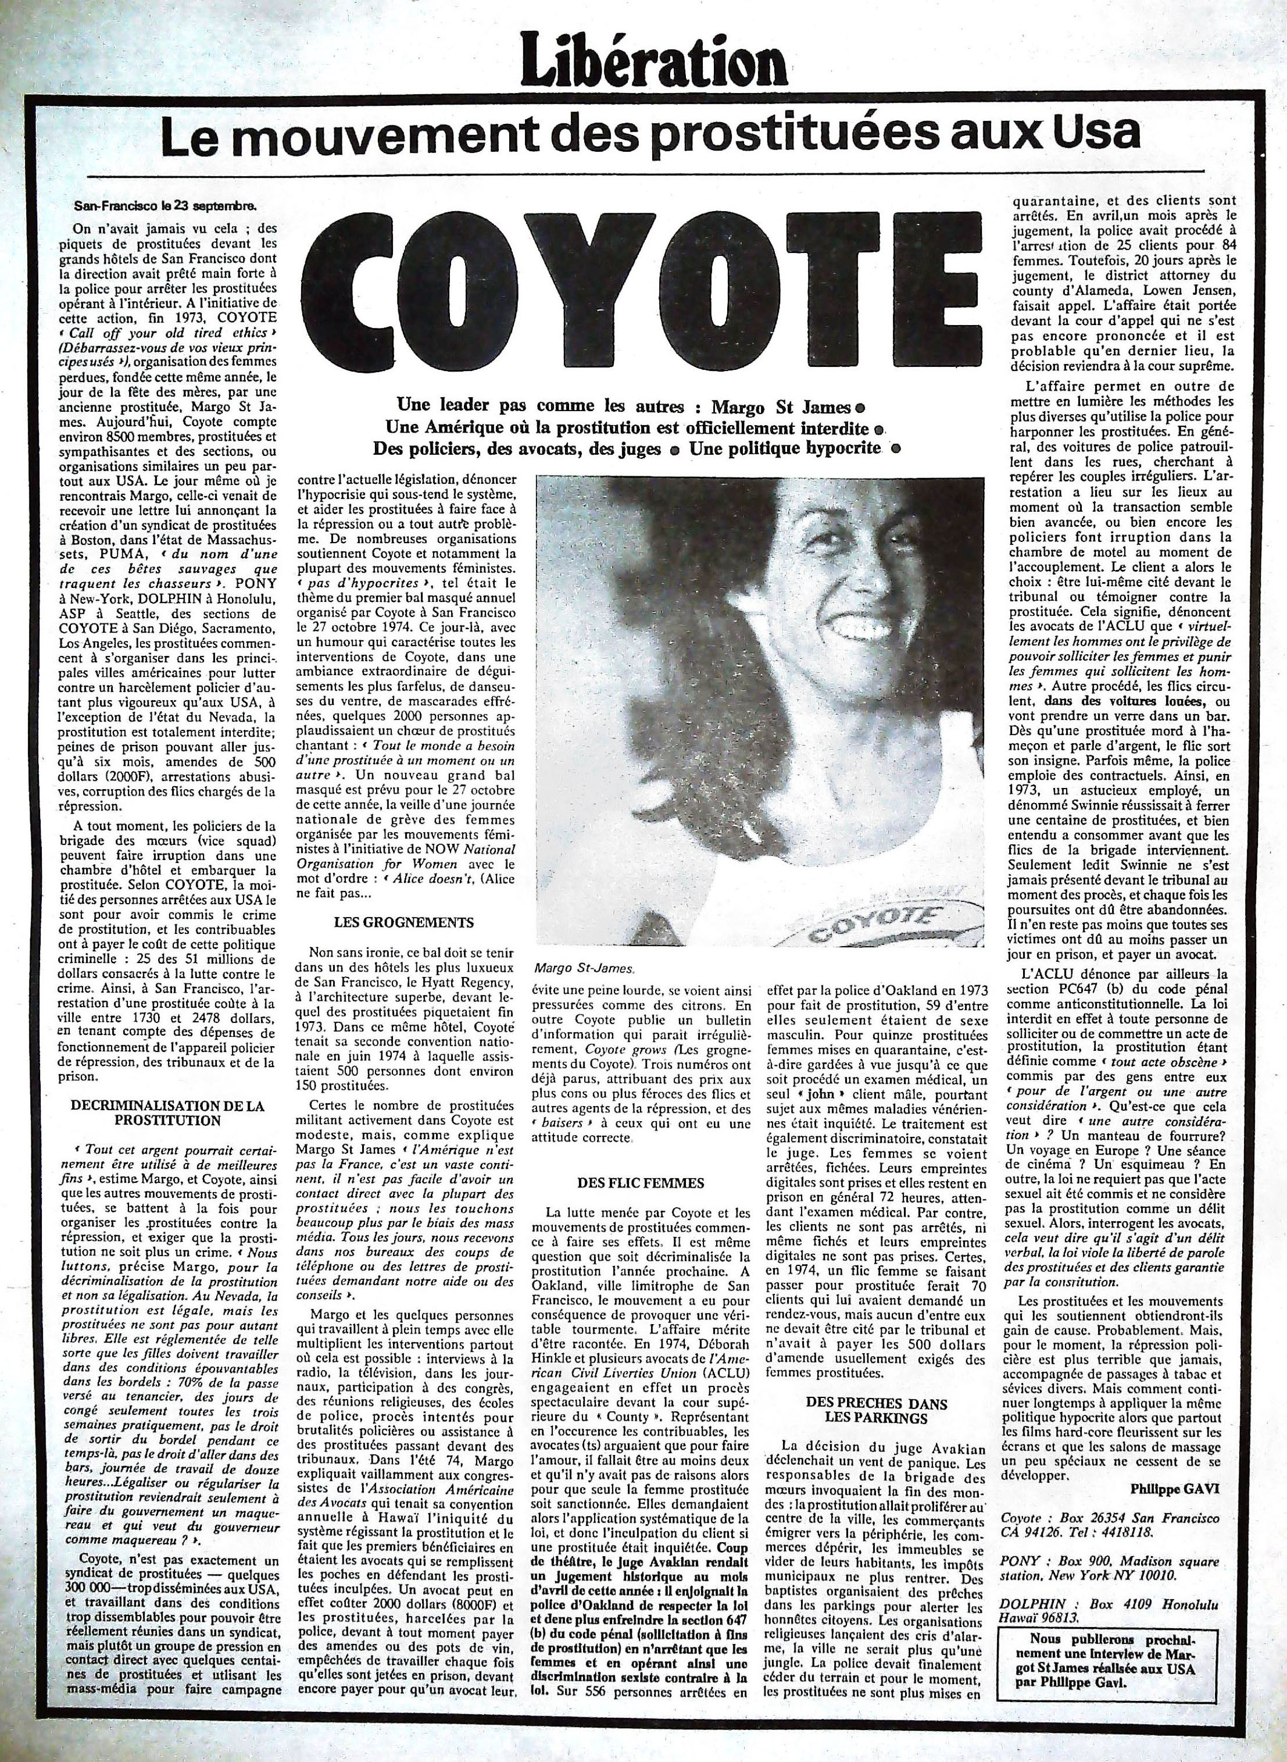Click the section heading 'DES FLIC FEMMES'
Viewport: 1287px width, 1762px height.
click(x=641, y=1182)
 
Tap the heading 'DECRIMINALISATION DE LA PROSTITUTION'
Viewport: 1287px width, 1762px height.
click(x=167, y=1112)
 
